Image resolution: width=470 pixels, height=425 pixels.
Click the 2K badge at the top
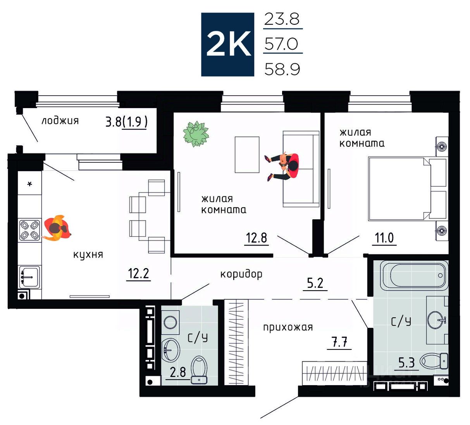(227, 45)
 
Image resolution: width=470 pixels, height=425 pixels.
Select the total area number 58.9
(282, 69)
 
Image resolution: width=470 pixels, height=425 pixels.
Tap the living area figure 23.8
(282, 19)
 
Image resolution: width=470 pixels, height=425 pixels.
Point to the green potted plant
(196, 134)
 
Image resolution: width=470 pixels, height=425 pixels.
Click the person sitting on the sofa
(282, 167)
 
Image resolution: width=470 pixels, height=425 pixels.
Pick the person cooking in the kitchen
(57, 228)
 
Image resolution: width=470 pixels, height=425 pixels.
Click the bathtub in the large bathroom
(414, 275)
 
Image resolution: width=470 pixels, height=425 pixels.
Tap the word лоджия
(60, 121)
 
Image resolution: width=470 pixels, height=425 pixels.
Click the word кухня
(88, 255)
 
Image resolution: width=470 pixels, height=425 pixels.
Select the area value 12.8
(257, 237)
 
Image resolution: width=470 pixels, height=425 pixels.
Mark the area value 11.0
(384, 237)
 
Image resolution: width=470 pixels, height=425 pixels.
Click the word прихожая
(288, 327)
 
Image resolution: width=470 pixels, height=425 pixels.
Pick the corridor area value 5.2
(315, 283)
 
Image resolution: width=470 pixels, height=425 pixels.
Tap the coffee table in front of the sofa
(247, 155)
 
